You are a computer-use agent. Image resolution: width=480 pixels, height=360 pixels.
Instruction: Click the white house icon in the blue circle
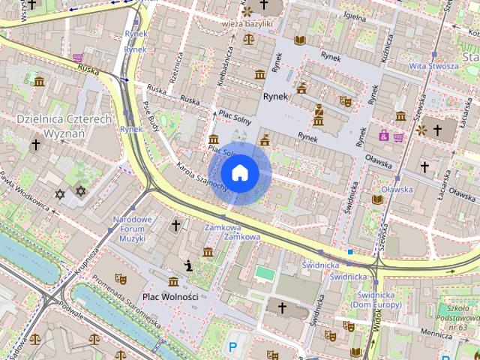(239, 172)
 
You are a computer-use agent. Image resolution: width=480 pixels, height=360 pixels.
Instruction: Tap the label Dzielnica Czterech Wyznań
(64, 125)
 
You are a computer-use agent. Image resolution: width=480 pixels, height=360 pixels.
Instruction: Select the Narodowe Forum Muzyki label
(131, 228)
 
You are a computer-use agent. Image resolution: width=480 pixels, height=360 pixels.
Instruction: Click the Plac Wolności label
(170, 296)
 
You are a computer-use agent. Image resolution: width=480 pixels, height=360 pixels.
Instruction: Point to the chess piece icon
(188, 265)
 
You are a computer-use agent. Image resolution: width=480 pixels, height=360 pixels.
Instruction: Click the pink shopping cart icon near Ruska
(77, 57)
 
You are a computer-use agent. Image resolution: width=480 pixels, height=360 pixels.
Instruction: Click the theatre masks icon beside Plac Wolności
(120, 278)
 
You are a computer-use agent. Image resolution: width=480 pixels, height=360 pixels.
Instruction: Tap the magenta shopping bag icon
(384, 136)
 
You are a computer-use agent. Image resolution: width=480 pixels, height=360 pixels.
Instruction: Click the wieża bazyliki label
(247, 24)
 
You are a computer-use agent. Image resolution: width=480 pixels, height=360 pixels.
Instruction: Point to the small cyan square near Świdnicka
(349, 252)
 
